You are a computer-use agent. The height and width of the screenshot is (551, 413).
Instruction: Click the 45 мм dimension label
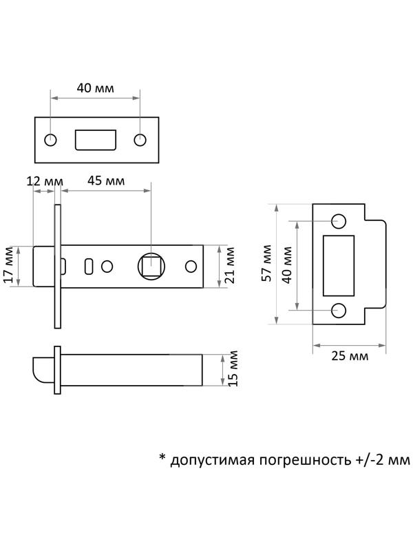(105, 181)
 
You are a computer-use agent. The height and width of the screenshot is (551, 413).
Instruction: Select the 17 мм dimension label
(9, 265)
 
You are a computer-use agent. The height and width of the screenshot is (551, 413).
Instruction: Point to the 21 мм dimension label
(231, 265)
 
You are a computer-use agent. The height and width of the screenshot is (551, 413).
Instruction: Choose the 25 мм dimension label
(350, 356)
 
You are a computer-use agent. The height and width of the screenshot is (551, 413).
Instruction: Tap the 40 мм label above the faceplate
(94, 89)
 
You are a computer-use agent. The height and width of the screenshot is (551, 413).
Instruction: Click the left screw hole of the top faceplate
(51, 140)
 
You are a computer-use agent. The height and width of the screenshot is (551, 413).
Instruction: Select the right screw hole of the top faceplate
(140, 140)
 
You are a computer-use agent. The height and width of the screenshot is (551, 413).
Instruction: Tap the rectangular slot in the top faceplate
(94, 140)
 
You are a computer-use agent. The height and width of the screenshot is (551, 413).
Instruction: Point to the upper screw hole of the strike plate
(339, 221)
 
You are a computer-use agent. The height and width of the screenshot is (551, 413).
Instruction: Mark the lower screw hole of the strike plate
(339, 310)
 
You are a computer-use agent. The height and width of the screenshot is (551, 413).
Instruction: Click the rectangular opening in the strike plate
(339, 265)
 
